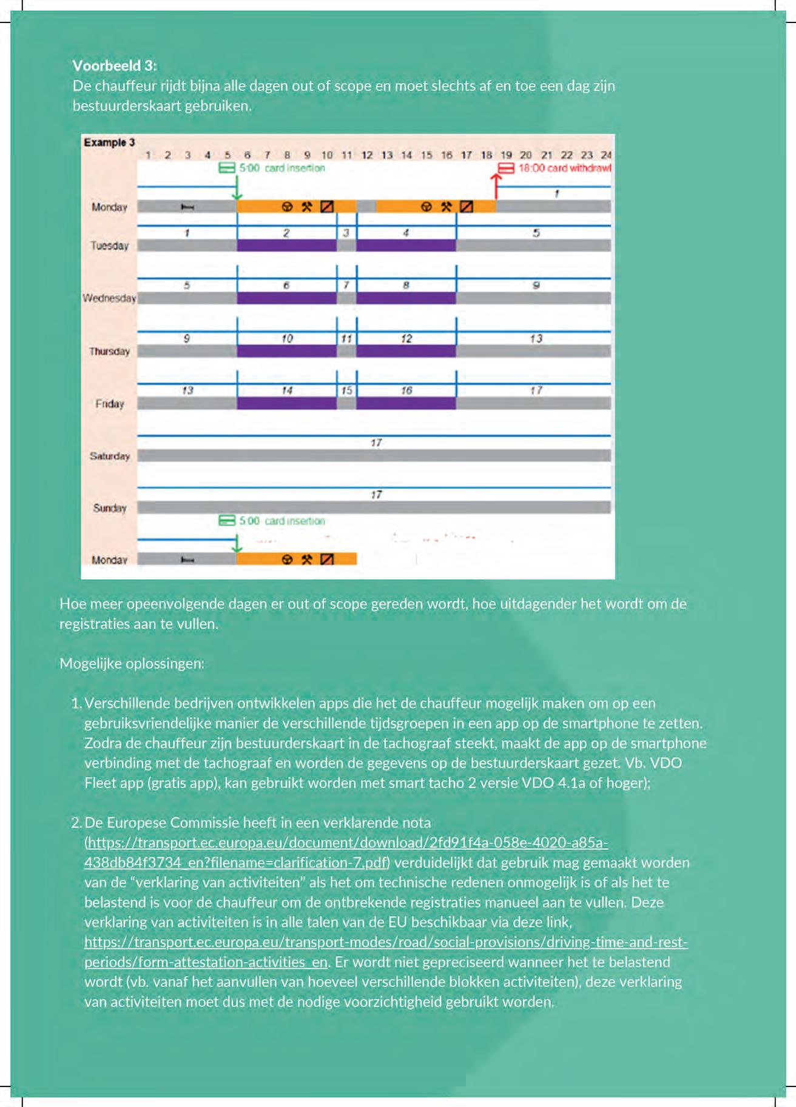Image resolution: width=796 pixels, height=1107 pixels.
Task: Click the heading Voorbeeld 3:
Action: click(115, 65)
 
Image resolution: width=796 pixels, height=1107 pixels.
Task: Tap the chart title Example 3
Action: click(109, 142)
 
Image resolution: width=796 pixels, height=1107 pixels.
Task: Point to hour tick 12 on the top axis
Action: click(366, 155)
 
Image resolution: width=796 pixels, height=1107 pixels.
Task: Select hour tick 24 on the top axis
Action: click(605, 155)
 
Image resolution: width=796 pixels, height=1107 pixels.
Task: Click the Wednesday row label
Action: click(109, 298)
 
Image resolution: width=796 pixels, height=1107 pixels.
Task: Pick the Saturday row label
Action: click(110, 456)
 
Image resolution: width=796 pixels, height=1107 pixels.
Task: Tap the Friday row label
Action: click(110, 404)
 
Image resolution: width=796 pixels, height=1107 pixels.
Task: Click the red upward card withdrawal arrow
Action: click(496, 186)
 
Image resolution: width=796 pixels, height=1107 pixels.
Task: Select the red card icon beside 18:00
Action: click(506, 168)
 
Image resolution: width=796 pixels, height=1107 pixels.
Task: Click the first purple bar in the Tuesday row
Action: click(286, 246)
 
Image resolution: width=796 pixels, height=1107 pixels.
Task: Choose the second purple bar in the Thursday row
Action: click(406, 351)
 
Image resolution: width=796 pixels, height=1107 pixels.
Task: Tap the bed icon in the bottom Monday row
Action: click(187, 560)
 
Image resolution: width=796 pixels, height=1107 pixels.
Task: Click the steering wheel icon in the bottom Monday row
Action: click(288, 560)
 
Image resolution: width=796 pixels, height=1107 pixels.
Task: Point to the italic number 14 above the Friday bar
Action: click(287, 390)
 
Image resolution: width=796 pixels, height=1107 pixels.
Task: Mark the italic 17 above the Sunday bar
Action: click(376, 495)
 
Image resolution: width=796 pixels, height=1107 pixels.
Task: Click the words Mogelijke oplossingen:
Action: click(132, 663)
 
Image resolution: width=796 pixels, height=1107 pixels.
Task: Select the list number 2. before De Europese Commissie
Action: click(76, 823)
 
